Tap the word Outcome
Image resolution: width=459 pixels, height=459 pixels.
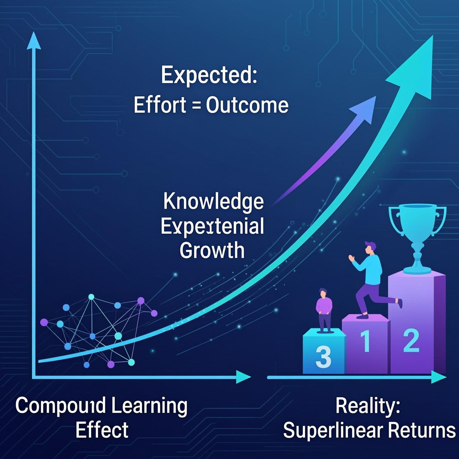coord(247,105)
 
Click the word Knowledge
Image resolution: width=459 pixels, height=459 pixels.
coord(213,202)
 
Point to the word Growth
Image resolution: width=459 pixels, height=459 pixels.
coord(212,250)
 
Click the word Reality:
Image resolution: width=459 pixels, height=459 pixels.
coord(368,406)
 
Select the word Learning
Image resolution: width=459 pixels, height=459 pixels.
coord(149,406)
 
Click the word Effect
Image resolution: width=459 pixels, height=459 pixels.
coord(102,430)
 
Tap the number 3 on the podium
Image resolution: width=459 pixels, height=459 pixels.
coord(323,356)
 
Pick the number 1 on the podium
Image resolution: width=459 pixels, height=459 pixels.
coord(365,341)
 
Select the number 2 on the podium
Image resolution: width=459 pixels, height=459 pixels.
coord(411,341)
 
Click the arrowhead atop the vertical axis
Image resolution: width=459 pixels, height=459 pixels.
coord(33,39)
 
